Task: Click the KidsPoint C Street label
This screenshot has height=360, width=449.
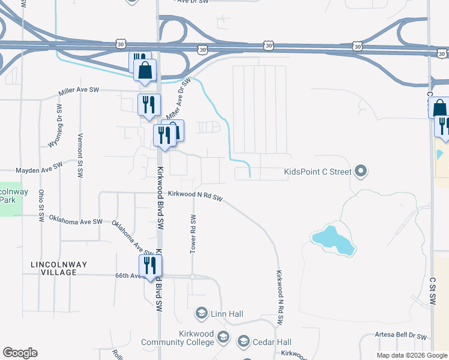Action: [x=317, y=172]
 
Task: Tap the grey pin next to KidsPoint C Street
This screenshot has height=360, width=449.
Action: [x=360, y=172]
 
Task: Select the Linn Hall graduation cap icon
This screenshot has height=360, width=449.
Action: [x=202, y=313]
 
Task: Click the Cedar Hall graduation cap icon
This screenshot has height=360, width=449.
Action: [x=244, y=341]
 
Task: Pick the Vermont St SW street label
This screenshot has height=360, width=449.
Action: [x=80, y=155]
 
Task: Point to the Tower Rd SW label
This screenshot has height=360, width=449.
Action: [x=193, y=233]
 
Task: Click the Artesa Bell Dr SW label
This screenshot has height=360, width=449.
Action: [x=400, y=337]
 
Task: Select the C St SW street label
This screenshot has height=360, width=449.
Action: [x=432, y=292]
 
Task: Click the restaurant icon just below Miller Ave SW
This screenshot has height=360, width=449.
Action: [x=148, y=104]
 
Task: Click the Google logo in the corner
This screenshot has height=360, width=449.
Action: [x=20, y=353]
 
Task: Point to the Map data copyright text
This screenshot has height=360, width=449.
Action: [x=411, y=355]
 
